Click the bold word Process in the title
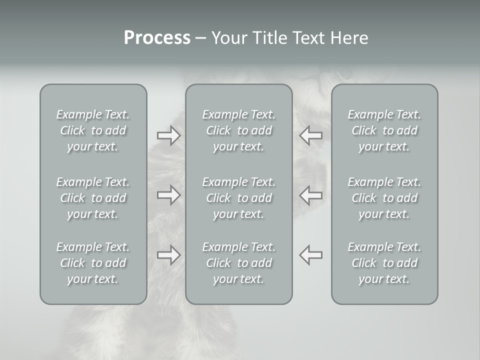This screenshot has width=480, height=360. pyautogui.click(x=157, y=38)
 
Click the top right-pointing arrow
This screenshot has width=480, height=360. pyautogui.click(x=168, y=135)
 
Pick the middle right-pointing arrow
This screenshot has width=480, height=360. pyautogui.click(x=168, y=194)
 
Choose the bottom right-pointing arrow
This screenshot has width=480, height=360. pyautogui.click(x=168, y=255)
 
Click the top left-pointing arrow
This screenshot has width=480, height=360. pyautogui.click(x=311, y=135)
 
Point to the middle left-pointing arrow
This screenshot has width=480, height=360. pyautogui.click(x=311, y=194)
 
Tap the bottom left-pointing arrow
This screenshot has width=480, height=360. pyautogui.click(x=311, y=255)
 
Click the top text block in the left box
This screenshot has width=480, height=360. pyautogui.click(x=93, y=130)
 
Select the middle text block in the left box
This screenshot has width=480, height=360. pyautogui.click(x=93, y=198)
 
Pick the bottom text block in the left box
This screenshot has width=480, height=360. pyautogui.click(x=93, y=263)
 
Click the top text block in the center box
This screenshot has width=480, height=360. pyautogui.click(x=238, y=130)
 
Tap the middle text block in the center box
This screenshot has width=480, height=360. pyautogui.click(x=238, y=198)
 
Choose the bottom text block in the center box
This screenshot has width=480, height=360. pyautogui.click(x=238, y=263)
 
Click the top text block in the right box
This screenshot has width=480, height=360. pyautogui.click(x=384, y=130)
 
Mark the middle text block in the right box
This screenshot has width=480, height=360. pyautogui.click(x=384, y=198)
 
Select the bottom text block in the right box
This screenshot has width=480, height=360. pyautogui.click(x=384, y=263)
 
